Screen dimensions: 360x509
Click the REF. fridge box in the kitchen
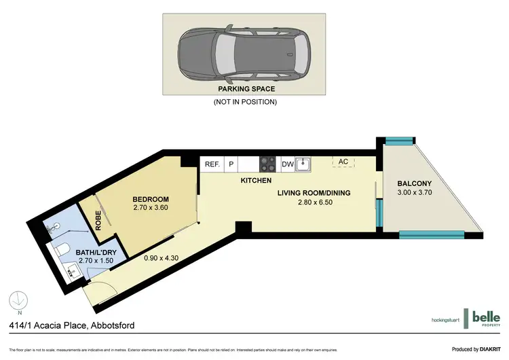[x=212, y=164]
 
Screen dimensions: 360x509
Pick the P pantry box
[x=231, y=164]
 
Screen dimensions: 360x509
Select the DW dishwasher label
[x=287, y=164]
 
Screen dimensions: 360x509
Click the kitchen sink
[x=305, y=164]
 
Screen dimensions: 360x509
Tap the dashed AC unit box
[x=343, y=162]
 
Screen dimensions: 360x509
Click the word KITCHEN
[x=257, y=181]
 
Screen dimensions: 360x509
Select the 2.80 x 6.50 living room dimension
[x=314, y=202]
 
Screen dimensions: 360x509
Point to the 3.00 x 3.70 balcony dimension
[x=413, y=193]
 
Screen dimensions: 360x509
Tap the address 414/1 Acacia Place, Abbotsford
[x=71, y=325]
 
